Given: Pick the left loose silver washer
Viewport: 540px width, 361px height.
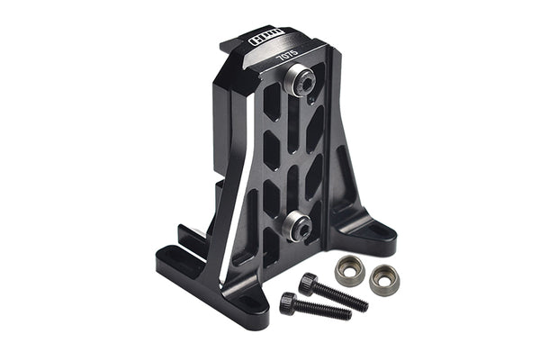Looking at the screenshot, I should [348, 268].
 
